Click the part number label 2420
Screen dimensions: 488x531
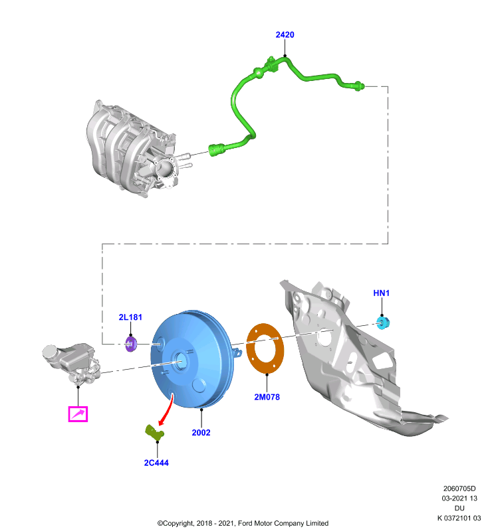[x=285, y=35]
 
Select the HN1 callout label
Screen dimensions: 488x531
[x=381, y=293]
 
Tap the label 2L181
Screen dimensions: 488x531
[x=130, y=317]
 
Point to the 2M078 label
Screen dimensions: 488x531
[x=267, y=397]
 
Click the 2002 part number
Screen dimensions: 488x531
[x=201, y=433]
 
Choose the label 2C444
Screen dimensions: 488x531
[x=156, y=463]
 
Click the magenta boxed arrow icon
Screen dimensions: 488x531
[x=78, y=414]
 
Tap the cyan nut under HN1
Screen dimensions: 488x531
[x=383, y=323]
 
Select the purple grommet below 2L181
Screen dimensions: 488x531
[x=131, y=344]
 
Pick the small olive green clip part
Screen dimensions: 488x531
[x=154, y=433]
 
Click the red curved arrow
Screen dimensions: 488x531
[x=169, y=410]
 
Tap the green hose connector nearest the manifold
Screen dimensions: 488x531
[x=216, y=150]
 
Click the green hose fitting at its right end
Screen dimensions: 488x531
[x=359, y=86]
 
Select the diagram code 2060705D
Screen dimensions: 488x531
[x=459, y=489]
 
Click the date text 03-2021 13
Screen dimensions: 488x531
[x=459, y=498]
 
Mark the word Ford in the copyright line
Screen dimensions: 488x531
[x=245, y=523]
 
